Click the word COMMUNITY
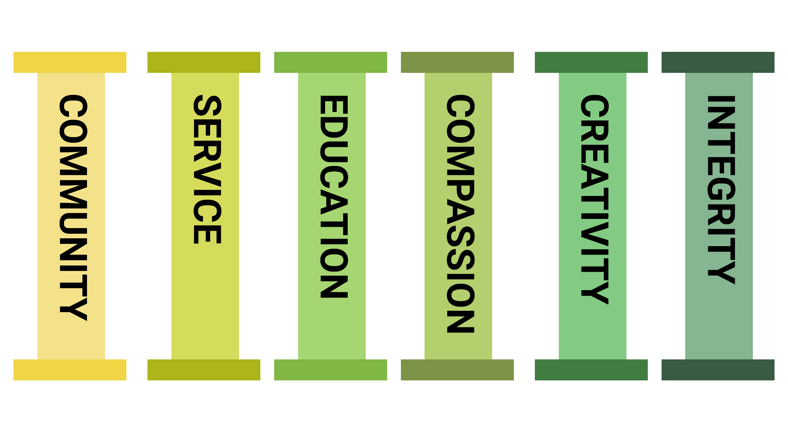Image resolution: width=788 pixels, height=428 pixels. pyautogui.click(x=73, y=207)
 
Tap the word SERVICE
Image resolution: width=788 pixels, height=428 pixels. pyautogui.click(x=207, y=169)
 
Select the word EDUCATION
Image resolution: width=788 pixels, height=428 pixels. pyautogui.click(x=334, y=197)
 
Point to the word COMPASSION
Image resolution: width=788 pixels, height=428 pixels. pyautogui.click(x=460, y=214)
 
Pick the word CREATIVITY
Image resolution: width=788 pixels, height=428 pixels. pyautogui.click(x=595, y=200)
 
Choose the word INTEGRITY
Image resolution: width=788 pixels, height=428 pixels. pyautogui.click(x=721, y=190)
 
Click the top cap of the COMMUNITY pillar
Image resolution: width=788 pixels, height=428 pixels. pyautogui.click(x=70, y=62)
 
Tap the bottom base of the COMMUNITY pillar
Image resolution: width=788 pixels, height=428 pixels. pyautogui.click(x=70, y=370)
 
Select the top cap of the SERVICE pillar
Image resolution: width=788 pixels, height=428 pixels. pyautogui.click(x=204, y=62)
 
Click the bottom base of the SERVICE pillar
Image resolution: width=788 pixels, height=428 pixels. pyautogui.click(x=204, y=370)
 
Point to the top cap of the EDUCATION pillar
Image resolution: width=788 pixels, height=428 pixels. pyautogui.click(x=331, y=62)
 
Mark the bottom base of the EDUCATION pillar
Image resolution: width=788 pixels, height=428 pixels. pyautogui.click(x=331, y=370)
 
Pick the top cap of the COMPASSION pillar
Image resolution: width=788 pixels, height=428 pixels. pyautogui.click(x=457, y=62)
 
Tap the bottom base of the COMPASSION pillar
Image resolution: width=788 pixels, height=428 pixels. pyautogui.click(x=457, y=370)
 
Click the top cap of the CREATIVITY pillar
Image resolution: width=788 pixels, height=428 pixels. pyautogui.click(x=591, y=62)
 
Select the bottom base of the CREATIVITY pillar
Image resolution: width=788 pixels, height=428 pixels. pyautogui.click(x=591, y=370)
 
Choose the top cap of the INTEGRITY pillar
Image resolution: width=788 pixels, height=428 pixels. pyautogui.click(x=718, y=62)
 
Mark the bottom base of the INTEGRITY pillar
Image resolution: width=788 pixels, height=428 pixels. pyautogui.click(x=718, y=370)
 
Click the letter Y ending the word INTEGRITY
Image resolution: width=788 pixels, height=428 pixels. pyautogui.click(x=721, y=272)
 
